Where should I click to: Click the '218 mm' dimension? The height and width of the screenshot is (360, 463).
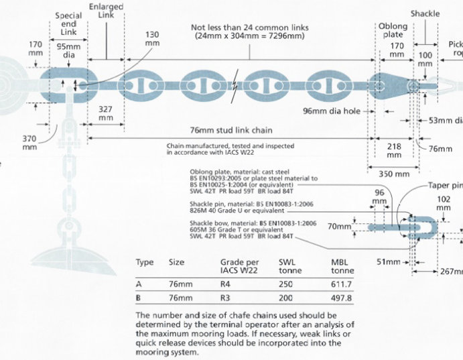pos(394,149)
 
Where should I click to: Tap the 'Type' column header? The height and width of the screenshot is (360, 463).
pos(145,262)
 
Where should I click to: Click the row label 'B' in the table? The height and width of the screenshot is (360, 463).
pos(139,297)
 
